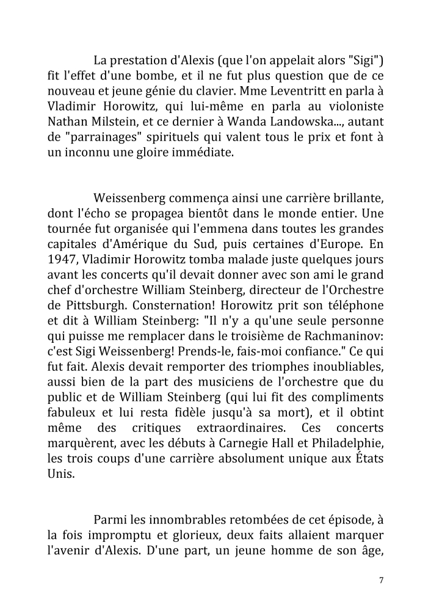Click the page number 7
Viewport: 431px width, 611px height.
click(381, 580)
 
